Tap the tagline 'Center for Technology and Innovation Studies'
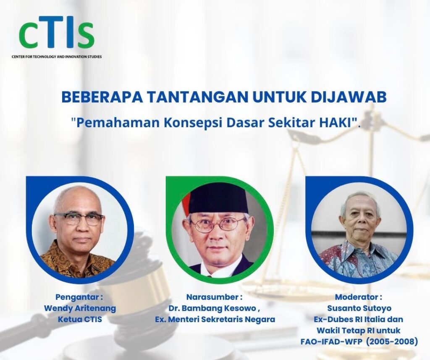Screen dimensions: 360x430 click(x=57, y=56)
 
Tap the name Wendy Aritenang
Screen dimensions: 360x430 click(x=80, y=308)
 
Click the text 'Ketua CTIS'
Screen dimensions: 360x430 click(x=80, y=319)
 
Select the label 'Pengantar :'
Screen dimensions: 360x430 click(x=79, y=297)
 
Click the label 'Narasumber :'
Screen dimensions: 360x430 click(x=215, y=297)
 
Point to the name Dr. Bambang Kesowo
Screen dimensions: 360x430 click(x=213, y=308)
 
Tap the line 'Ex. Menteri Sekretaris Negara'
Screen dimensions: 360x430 click(x=215, y=319)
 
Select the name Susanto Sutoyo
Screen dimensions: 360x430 click(x=359, y=308)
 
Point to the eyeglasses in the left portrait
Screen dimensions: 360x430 click(x=79, y=218)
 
